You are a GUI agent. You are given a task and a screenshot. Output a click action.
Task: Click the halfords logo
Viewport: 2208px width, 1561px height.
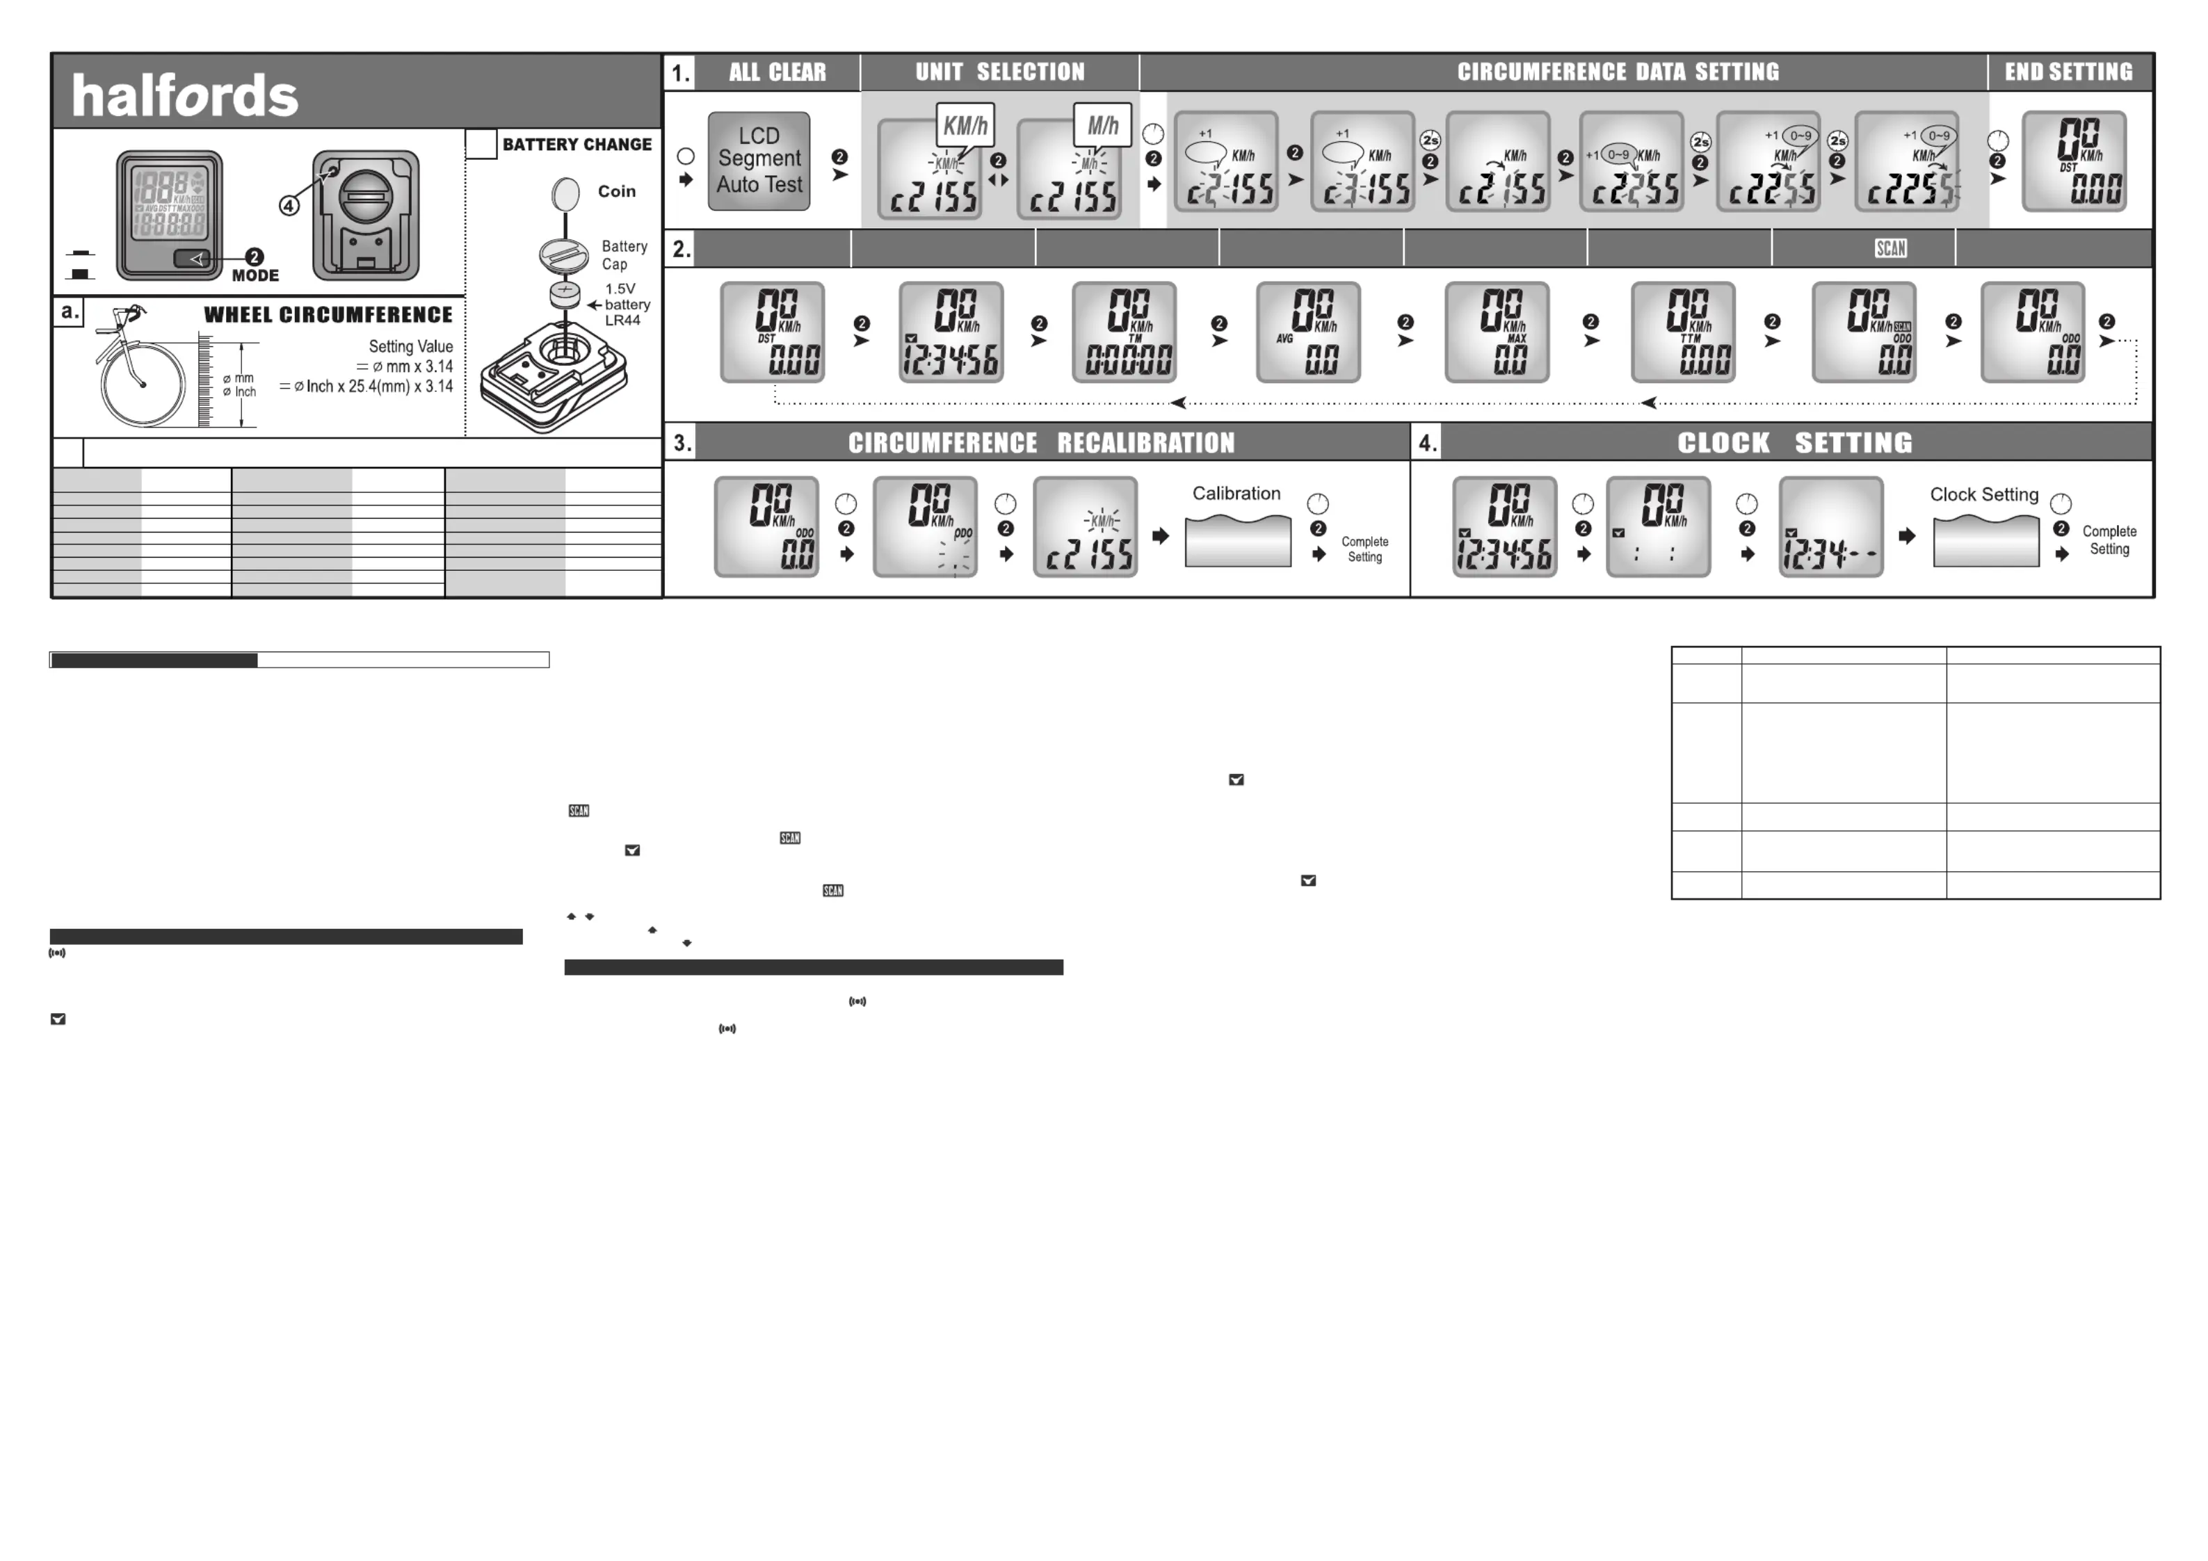(x=185, y=96)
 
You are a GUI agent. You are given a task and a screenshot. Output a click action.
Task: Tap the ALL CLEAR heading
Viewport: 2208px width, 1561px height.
(x=777, y=72)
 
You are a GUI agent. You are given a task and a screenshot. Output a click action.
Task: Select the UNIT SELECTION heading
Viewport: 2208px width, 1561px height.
(x=999, y=72)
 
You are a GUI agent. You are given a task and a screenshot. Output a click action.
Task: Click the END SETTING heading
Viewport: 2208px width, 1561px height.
(x=2068, y=72)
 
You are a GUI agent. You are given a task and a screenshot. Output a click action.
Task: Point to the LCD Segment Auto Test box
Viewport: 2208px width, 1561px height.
(x=759, y=161)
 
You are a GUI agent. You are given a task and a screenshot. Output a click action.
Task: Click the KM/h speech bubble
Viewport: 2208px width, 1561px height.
(x=965, y=125)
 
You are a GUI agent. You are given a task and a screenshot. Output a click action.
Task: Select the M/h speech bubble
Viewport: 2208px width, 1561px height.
(x=1102, y=125)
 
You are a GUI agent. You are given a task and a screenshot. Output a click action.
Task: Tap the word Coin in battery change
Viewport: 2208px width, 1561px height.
(x=616, y=191)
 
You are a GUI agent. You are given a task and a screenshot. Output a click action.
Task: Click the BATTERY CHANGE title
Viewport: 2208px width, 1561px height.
(x=577, y=144)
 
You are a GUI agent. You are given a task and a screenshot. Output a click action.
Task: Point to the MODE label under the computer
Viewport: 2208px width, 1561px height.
(x=255, y=275)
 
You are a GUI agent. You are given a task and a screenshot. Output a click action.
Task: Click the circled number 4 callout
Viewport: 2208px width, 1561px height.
(x=289, y=205)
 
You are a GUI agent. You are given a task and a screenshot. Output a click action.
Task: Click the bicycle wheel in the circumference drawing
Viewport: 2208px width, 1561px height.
(x=143, y=384)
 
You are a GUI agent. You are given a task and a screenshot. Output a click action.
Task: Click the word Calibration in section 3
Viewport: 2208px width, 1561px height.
(x=1236, y=494)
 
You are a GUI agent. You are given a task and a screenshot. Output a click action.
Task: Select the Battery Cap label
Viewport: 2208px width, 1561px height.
(x=624, y=255)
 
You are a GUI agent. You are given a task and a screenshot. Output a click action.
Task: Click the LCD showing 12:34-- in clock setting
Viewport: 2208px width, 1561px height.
(x=1830, y=527)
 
